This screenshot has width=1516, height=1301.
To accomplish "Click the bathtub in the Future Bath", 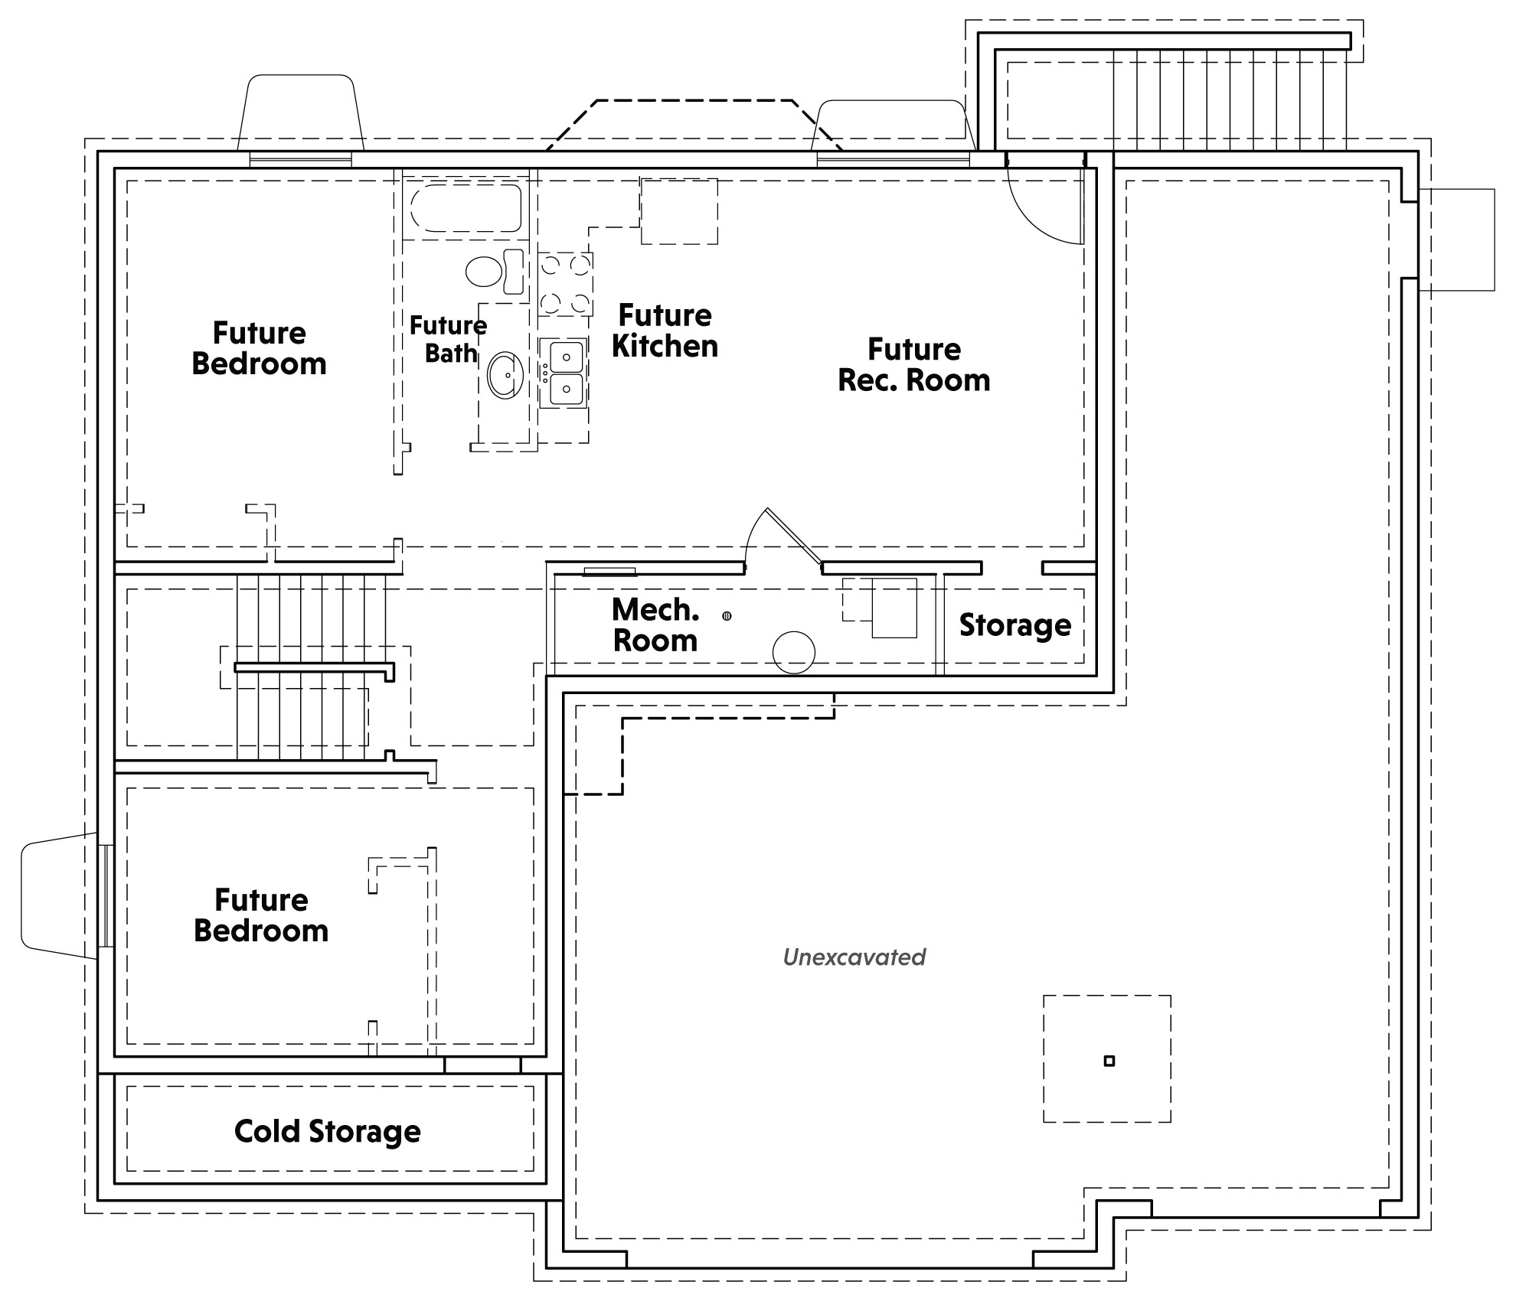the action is (466, 207).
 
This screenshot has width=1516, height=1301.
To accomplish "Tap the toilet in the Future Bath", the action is (495, 271).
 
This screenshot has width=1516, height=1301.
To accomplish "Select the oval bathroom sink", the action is (505, 375).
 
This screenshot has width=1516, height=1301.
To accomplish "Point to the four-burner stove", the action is (565, 285).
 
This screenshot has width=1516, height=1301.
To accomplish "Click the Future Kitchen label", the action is (665, 331).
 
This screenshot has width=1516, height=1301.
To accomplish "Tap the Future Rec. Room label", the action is (914, 364).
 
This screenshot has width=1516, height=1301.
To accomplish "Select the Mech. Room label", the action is (655, 624).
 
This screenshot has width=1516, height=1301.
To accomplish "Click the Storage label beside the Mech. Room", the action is (1015, 625).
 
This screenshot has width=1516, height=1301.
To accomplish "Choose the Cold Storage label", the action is (328, 1131).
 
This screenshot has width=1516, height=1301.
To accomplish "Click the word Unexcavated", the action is (854, 957).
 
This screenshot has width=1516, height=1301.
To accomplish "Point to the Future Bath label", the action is (449, 339).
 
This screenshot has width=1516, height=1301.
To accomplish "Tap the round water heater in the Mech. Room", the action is (794, 652).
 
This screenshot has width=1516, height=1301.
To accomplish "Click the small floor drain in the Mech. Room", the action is (727, 615).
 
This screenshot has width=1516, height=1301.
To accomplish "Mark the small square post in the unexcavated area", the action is (1109, 1061).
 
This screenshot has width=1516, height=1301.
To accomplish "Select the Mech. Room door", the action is (793, 536).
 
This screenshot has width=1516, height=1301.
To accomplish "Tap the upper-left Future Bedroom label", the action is (259, 348).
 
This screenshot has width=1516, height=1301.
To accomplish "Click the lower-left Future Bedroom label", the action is (261, 915).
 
